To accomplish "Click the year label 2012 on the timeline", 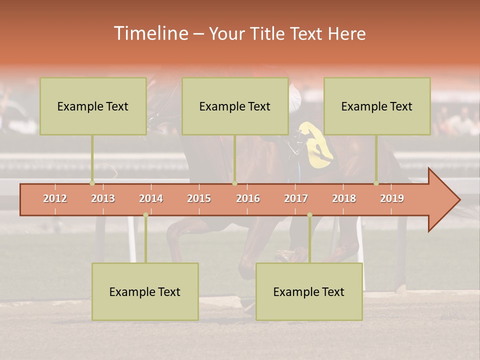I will (x=55, y=198).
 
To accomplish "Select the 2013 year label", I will (x=103, y=198).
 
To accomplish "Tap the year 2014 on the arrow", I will (x=151, y=198).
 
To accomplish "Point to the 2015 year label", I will (x=199, y=198).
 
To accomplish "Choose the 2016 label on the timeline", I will (x=248, y=198).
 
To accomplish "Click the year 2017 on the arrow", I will (x=296, y=198).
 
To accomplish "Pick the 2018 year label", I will (x=344, y=198).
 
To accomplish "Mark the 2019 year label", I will (x=392, y=198).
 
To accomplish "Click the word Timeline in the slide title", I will (x=150, y=33).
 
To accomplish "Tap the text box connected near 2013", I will (x=93, y=106).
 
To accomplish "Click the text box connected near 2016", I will (x=235, y=106).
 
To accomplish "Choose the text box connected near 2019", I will (x=377, y=106).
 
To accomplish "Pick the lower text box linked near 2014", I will (x=145, y=291).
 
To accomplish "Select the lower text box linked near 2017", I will (x=309, y=291).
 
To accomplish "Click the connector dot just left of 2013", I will (x=92, y=183).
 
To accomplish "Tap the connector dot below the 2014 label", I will (x=145, y=215).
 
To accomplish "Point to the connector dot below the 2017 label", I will (x=309, y=215).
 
